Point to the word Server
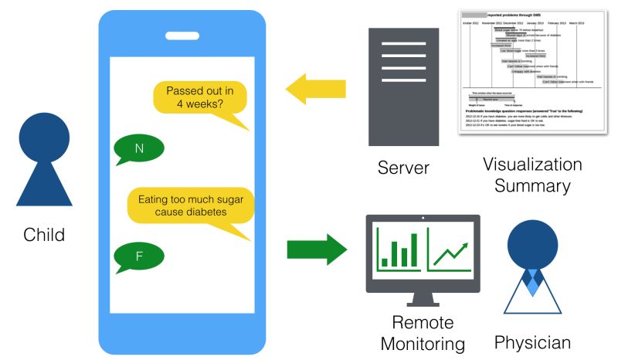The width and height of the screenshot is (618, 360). (402, 168)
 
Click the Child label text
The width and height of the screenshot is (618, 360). (44, 234)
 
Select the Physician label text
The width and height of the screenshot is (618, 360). (533, 342)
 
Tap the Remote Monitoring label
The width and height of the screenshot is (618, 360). (423, 333)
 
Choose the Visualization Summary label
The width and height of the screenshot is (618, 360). (532, 175)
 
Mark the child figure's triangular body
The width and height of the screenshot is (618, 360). (44, 185)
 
